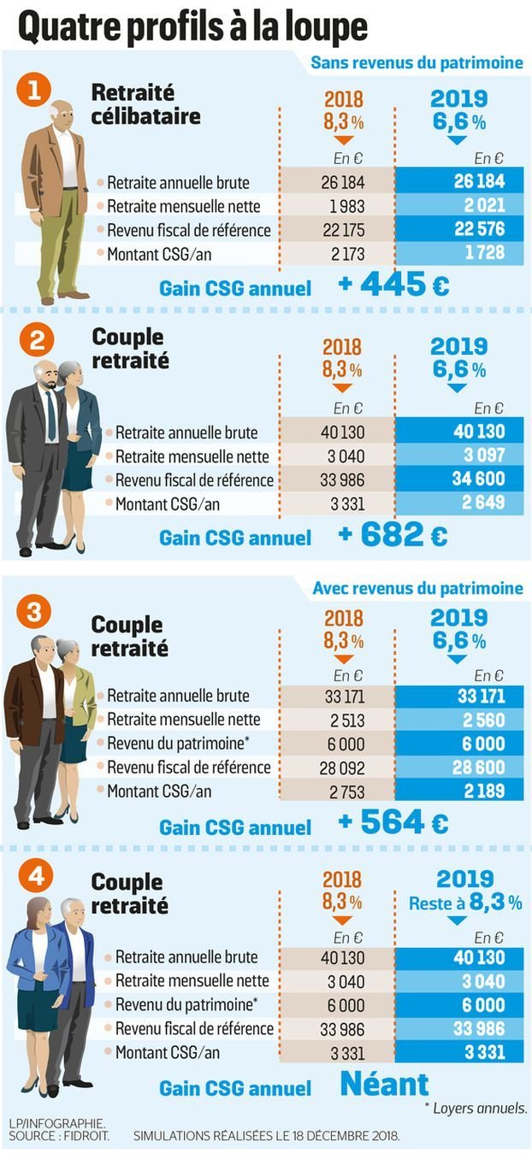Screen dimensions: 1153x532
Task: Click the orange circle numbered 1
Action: click(x=35, y=91)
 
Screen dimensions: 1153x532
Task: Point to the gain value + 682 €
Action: click(x=393, y=536)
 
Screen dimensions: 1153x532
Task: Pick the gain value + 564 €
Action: click(x=393, y=823)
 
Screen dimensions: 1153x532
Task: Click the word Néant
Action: click(x=384, y=1085)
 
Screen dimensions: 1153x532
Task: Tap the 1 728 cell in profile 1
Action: click(x=483, y=253)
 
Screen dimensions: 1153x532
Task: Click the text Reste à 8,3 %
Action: click(x=464, y=903)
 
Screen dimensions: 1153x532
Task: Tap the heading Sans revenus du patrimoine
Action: click(x=417, y=63)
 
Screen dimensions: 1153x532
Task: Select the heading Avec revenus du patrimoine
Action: click(x=417, y=589)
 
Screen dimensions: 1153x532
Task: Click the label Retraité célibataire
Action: click(x=145, y=103)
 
